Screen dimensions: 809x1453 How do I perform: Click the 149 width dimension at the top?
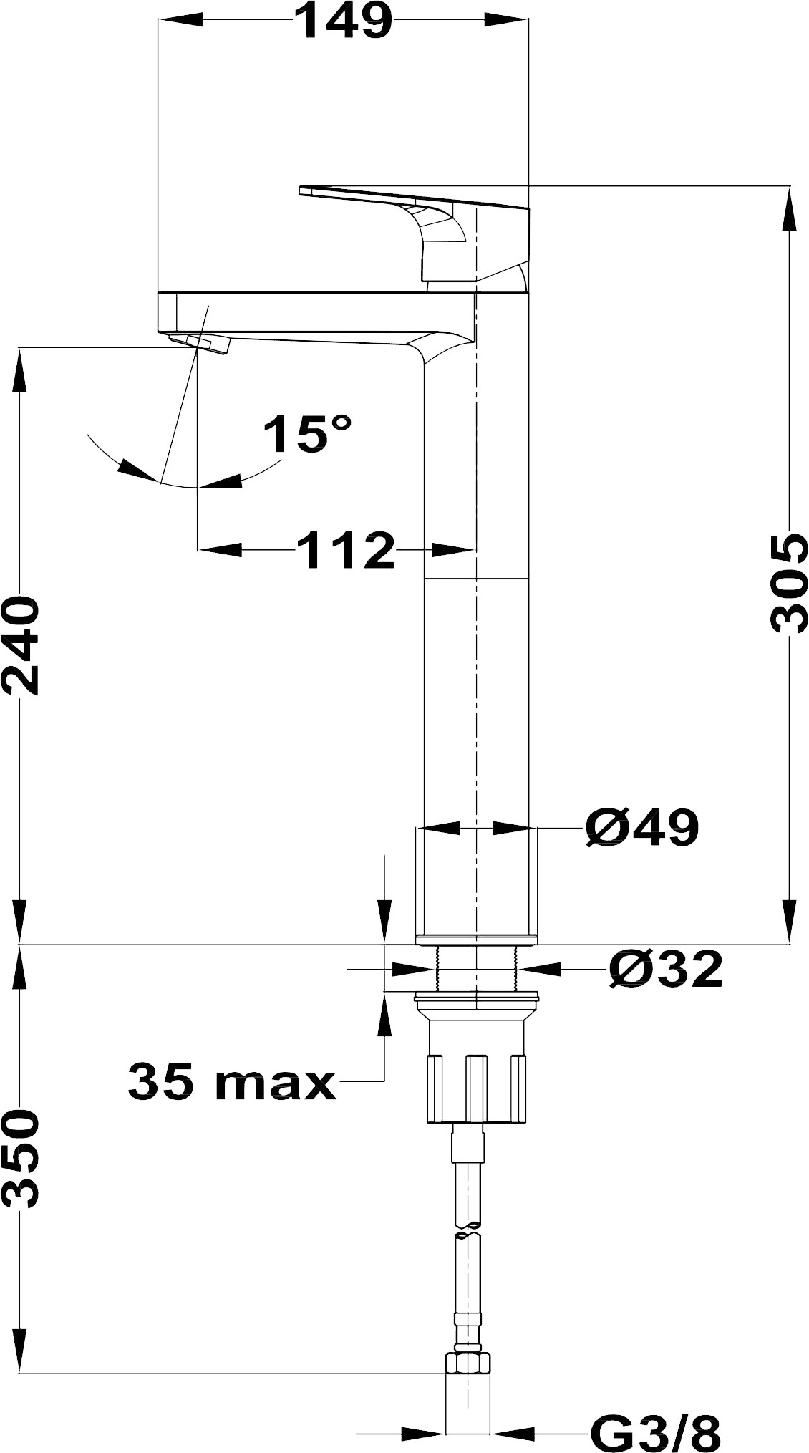(x=344, y=21)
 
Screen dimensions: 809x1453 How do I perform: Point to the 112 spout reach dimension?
(x=346, y=550)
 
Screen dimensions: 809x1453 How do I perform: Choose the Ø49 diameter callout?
(x=641, y=829)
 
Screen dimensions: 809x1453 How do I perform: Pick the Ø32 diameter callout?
(x=666, y=970)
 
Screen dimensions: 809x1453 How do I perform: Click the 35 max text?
(x=232, y=1081)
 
